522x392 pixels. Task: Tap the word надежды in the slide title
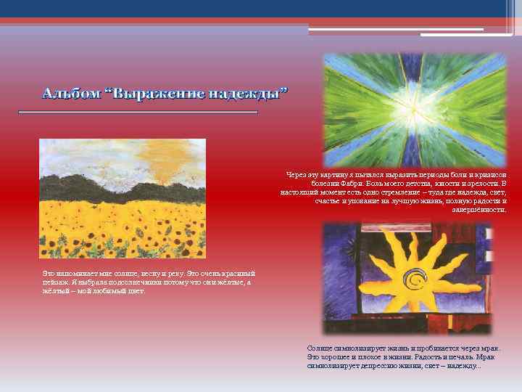click(x=252, y=94)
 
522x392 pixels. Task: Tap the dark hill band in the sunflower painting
click(x=123, y=192)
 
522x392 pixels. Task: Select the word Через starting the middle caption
click(x=297, y=175)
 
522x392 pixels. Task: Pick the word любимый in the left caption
click(x=110, y=291)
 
